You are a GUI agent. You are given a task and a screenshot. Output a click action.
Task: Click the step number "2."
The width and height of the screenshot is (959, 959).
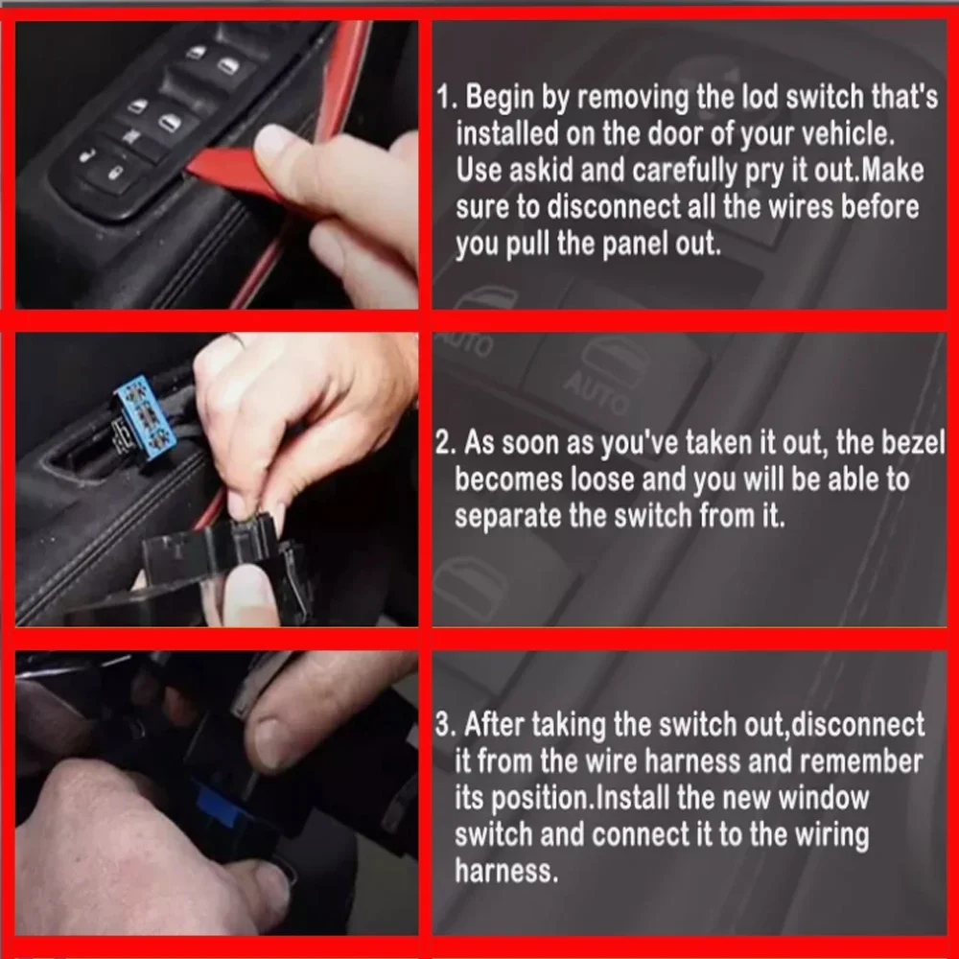click(446, 442)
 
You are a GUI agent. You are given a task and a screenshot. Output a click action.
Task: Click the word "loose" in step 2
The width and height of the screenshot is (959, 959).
click(602, 479)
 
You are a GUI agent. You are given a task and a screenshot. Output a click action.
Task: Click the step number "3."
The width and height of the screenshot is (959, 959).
click(446, 724)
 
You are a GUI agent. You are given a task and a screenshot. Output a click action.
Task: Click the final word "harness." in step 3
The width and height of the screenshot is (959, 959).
click(506, 871)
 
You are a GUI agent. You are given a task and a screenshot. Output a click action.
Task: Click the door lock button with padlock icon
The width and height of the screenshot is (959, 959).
click(114, 175)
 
